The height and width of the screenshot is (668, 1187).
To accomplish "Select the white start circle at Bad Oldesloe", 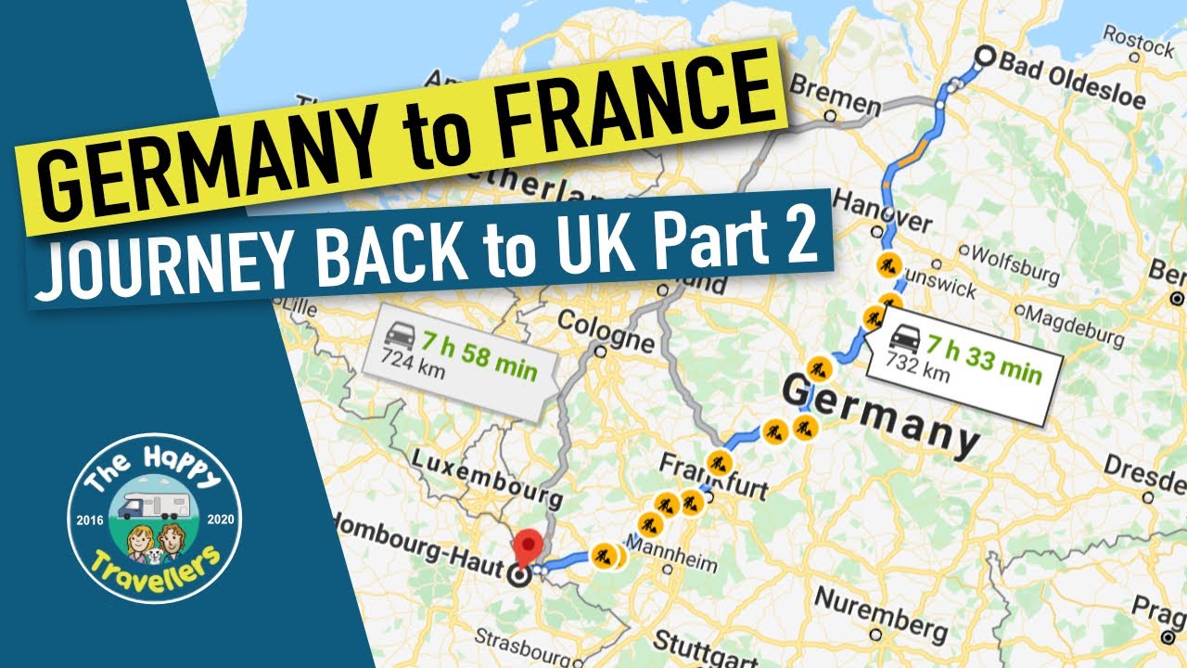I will pyautogui.click(x=984, y=58).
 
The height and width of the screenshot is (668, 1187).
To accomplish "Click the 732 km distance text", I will pyautogui.click(x=919, y=373).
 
